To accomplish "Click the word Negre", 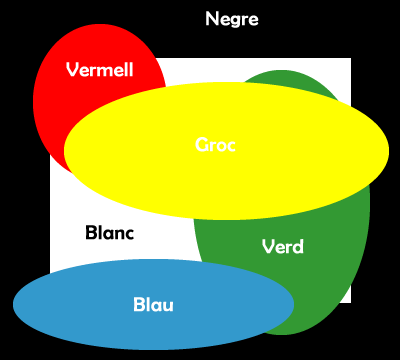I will tap(232, 19).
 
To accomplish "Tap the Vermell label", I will tap(100, 69).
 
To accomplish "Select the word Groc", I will tap(216, 145).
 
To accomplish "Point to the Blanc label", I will tap(110, 233).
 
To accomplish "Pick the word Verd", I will tap(282, 246).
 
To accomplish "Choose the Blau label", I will tap(153, 304).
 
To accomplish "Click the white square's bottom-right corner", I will tap(349, 300).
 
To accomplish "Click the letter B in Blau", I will tap(139, 304).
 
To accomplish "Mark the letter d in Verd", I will tap(298, 246).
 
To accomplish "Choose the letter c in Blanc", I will tap(129, 233).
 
